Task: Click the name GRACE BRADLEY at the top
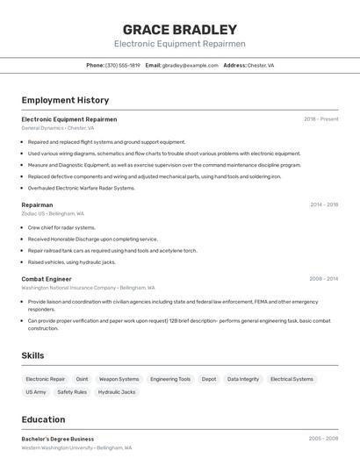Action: point(179,29)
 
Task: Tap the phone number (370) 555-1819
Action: point(123,65)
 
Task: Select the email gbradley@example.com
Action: point(190,65)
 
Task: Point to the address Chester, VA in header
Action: point(261,65)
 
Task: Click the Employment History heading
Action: point(65,100)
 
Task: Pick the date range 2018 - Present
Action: point(320,119)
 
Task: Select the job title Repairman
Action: point(37,204)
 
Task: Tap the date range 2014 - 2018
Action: point(323,204)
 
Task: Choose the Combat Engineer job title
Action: point(47,279)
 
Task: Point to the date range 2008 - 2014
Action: point(323,279)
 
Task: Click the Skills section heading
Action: point(33,355)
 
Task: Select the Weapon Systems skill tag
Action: point(119,379)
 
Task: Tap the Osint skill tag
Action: point(82,379)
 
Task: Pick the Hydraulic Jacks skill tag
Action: point(116,392)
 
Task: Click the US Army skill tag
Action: point(36,392)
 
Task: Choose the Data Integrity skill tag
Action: point(243,379)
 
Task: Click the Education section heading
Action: point(44,419)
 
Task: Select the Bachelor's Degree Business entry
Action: point(57,439)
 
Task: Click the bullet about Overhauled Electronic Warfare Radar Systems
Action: point(82,188)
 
